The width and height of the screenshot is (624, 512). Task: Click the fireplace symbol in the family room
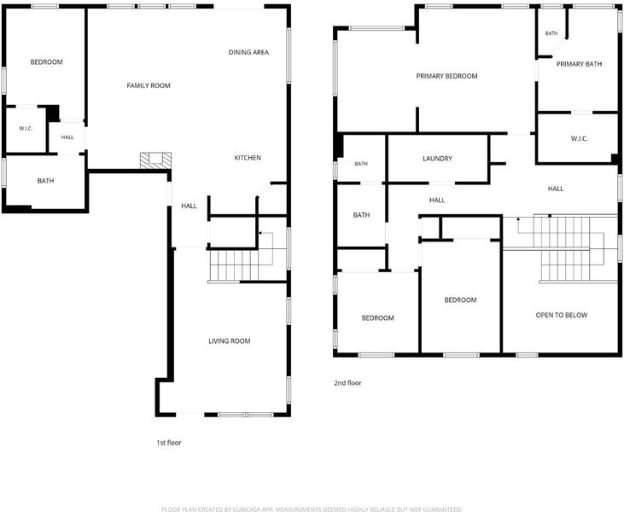coord(155,160)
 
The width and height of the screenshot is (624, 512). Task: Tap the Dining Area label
coord(248,52)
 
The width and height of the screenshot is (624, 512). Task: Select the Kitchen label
coord(248,158)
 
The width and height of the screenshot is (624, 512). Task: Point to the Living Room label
coord(230,341)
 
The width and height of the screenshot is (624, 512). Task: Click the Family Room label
coord(149,85)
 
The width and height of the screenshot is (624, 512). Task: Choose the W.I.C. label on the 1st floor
coord(26,129)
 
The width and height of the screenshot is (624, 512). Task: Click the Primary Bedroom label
coord(446,76)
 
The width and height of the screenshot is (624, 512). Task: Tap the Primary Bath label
coord(579,64)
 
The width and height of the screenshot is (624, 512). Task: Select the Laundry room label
coord(437,159)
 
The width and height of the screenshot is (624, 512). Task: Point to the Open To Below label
coord(561,315)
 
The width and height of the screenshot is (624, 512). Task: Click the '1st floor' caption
coord(169,443)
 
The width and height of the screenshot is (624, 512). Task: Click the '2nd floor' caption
coord(347,383)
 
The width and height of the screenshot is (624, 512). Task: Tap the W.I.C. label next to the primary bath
coord(579,138)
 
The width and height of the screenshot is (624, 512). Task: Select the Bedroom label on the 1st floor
coord(47,62)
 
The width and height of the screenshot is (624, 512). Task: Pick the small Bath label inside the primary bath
coord(551,33)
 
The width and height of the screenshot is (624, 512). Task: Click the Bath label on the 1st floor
coord(45,181)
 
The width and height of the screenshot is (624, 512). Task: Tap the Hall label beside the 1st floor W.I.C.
coord(67,137)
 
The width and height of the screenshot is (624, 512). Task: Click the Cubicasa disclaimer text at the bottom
coord(312,509)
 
